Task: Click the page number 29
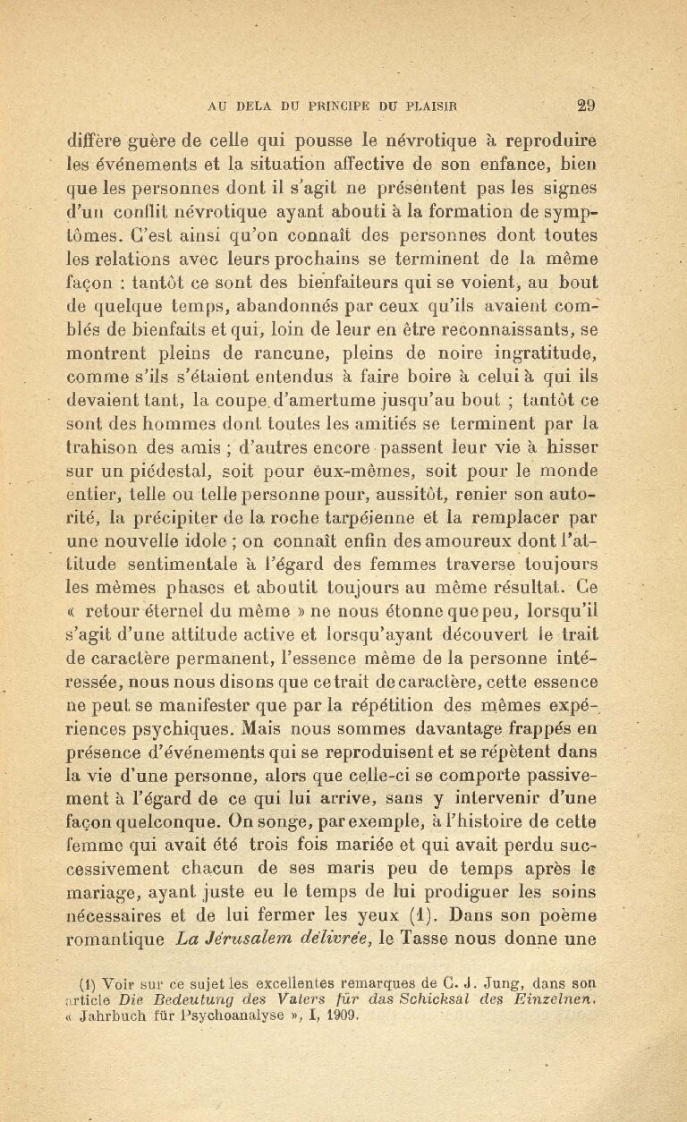tap(587, 104)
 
